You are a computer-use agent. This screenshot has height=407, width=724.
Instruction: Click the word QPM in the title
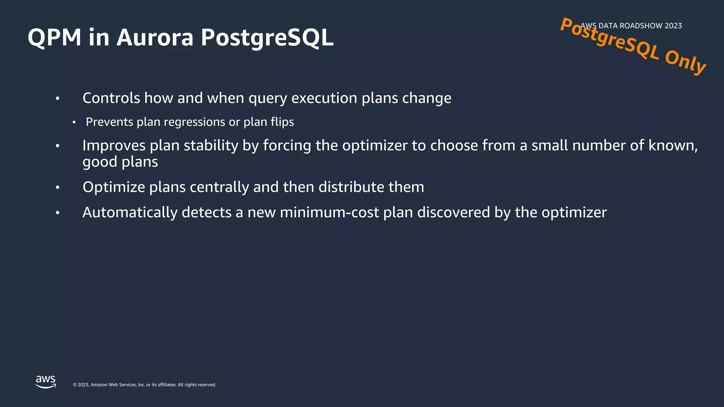[x=55, y=37]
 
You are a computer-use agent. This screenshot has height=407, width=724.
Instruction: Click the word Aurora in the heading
[x=155, y=37]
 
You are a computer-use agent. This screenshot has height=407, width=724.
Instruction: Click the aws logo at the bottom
[x=46, y=382]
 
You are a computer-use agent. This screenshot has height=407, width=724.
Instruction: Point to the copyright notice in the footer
[x=144, y=385]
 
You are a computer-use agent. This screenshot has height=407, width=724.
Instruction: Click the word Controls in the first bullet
[x=111, y=98]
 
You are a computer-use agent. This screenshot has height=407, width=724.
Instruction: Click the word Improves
[x=114, y=146]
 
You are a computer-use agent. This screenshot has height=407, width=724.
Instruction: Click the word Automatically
[x=130, y=213]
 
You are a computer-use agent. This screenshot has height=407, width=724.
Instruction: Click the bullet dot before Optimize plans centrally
[x=58, y=188]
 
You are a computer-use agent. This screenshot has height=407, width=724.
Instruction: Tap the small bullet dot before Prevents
[x=74, y=123]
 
